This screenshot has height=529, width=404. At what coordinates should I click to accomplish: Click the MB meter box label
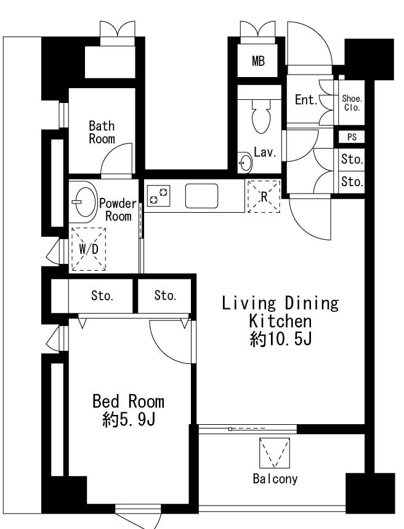[258, 61]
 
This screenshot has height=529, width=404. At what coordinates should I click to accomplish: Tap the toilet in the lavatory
[262, 116]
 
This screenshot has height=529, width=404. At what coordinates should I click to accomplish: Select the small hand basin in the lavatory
[245, 162]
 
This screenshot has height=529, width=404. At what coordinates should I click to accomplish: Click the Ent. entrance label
[306, 99]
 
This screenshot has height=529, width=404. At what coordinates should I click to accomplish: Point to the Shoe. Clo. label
[352, 103]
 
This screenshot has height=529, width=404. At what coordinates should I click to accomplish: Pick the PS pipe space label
[352, 137]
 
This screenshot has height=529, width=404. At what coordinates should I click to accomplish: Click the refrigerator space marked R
[264, 196]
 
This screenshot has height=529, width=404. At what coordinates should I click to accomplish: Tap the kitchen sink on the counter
[201, 195]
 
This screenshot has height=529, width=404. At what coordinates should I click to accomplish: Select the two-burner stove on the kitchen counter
[158, 196]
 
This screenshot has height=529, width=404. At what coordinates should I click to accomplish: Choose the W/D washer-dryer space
[89, 249]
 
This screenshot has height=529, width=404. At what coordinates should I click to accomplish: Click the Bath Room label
[102, 132]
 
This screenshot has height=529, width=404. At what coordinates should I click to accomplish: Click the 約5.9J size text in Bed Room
[129, 420]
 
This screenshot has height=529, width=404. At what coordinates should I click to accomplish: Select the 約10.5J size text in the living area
[281, 339]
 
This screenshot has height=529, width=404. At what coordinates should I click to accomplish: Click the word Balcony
[275, 478]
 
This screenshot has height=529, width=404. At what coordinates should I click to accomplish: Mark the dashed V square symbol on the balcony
[275, 453]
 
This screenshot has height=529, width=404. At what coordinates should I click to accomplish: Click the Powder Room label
[118, 210]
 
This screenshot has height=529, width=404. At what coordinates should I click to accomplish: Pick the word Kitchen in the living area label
[280, 321]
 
